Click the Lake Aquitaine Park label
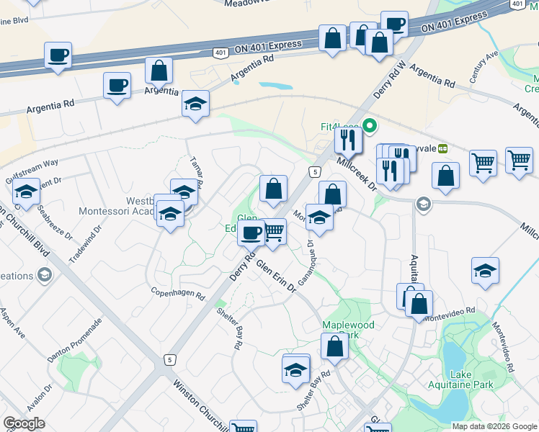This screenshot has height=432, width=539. coord(471,379)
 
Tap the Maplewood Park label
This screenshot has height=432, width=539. coord(349,330)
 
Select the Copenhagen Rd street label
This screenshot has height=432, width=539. coord(178,292)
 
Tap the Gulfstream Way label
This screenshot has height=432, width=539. coord(30,163)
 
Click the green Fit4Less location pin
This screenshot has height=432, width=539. coord(370,127)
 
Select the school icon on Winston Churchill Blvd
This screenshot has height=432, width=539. coord(26,192)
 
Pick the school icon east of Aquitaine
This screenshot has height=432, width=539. coord(486,271)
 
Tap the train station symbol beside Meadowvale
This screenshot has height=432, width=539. coord(442,148)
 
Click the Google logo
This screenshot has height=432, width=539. coord(24,423)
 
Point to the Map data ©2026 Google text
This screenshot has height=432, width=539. coord(494,426)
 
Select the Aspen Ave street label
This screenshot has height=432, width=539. coord(14,325)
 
